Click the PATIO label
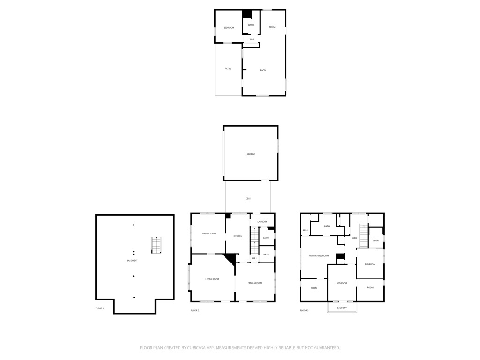[x=228, y=69]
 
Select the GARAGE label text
[x=251, y=154]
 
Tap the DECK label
[x=248, y=199]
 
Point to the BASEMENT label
[x=132, y=261]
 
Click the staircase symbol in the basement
[x=157, y=245]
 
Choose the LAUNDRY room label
[x=262, y=222]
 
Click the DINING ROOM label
[x=209, y=233]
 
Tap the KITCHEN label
[x=238, y=236]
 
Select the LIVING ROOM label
[x=212, y=279]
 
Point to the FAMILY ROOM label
[x=255, y=283]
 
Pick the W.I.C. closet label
[x=305, y=230]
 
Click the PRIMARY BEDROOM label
[x=319, y=256]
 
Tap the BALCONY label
[x=342, y=308]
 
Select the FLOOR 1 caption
[x=100, y=308]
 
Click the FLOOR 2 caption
[x=195, y=311]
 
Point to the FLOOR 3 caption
[x=304, y=311]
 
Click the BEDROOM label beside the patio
[x=228, y=28]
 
